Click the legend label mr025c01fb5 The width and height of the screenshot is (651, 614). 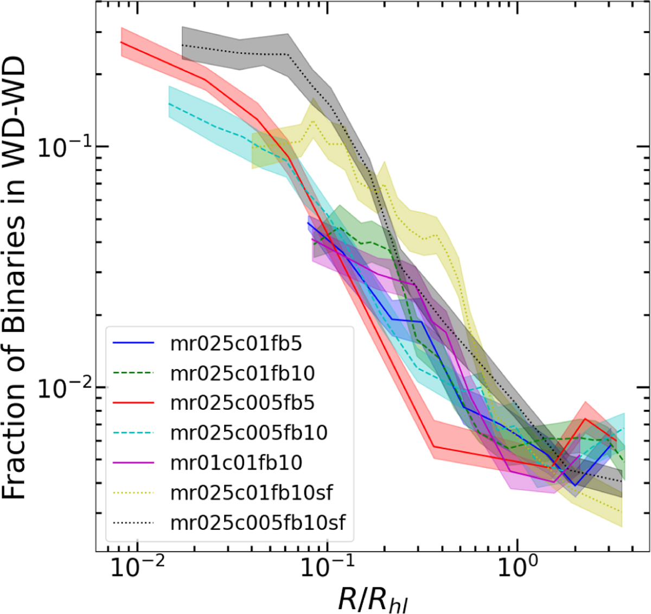pos(236,344)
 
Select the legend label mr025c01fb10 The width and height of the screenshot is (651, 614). pos(242,374)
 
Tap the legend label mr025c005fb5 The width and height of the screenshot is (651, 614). pos(242,403)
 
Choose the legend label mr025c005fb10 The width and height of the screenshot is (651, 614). pos(249,433)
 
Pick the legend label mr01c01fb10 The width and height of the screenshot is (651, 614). pos(236,463)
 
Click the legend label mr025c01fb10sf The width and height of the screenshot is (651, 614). pos(251,492)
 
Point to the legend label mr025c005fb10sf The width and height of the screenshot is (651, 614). pos(258,522)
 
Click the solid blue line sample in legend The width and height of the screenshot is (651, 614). pos(133,344)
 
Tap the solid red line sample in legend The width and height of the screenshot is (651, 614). pos(133,403)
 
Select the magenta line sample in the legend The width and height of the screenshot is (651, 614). pos(133,463)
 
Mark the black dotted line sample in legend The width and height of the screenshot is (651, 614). pos(133,523)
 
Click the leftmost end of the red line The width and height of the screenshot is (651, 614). pos(120,42)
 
